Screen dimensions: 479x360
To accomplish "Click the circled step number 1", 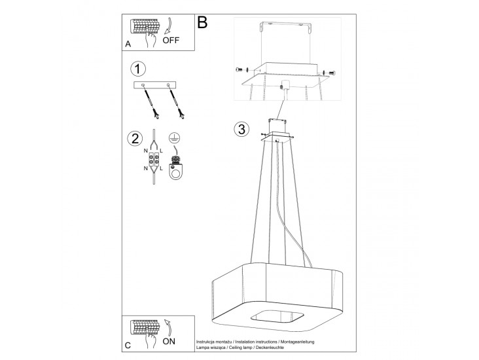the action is (x=138, y=69).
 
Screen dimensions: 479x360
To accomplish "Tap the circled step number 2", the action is (x=135, y=138).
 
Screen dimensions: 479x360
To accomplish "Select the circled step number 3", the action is (x=241, y=129).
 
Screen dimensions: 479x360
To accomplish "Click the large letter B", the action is (x=202, y=22).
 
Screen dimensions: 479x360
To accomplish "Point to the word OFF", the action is (x=171, y=40).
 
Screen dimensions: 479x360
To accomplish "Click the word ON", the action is (x=169, y=341).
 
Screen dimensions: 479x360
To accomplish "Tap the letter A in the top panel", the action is (x=128, y=45).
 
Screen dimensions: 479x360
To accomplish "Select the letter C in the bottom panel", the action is (x=128, y=346).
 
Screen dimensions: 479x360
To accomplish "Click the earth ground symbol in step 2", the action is (x=173, y=138).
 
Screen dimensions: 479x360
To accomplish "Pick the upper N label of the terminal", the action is (x=146, y=151).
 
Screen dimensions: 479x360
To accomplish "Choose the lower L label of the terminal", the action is (x=161, y=168).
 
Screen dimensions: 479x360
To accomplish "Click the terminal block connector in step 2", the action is (x=154, y=159).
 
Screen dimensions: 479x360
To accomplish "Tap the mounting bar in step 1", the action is (x=155, y=85).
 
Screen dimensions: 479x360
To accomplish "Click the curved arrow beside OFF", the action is (x=168, y=26).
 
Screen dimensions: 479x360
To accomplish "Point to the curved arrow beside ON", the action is (x=168, y=328).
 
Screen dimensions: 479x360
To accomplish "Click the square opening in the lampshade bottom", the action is (x=277, y=316).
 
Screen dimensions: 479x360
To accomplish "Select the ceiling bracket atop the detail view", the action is (x=285, y=27).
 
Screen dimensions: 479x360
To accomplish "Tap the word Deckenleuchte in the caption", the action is (x=270, y=348).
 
